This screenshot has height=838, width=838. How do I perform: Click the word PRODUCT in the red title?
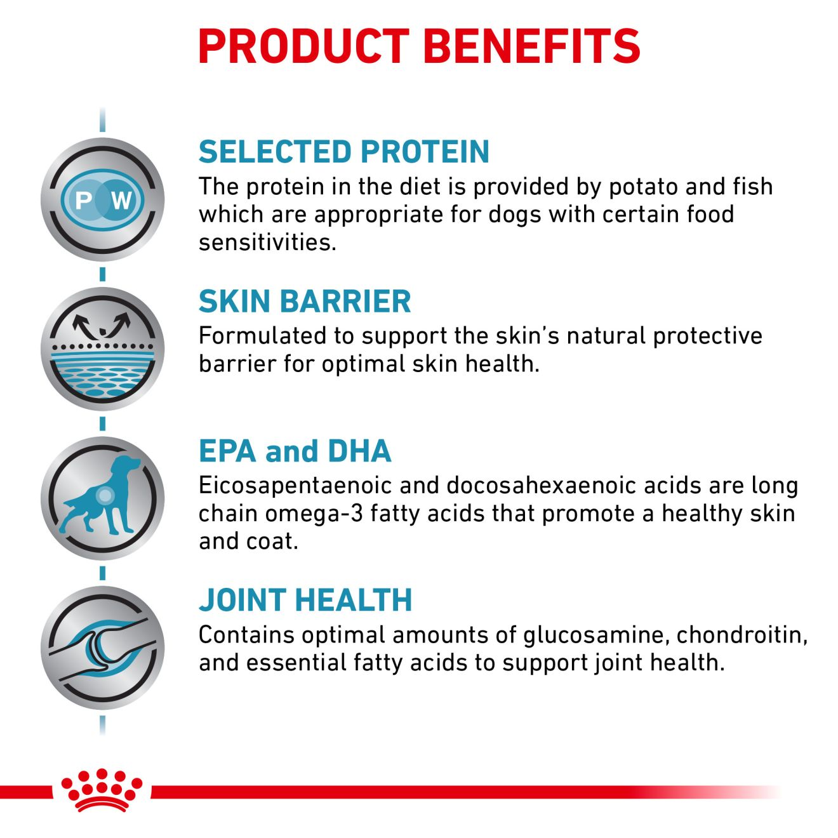(303, 46)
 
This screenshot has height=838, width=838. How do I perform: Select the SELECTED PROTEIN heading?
(344, 152)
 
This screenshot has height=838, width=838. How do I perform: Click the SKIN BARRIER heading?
(305, 301)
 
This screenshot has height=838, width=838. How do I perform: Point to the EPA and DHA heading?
(295, 451)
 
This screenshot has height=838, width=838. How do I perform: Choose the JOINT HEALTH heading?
(305, 600)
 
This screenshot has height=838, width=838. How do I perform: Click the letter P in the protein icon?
(83, 201)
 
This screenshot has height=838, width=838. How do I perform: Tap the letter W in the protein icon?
(121, 201)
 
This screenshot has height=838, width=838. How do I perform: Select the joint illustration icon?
(102, 648)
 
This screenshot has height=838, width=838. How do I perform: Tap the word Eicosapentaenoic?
(296, 486)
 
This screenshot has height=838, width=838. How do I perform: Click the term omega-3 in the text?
(314, 514)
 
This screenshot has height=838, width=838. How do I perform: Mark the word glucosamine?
(593, 635)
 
